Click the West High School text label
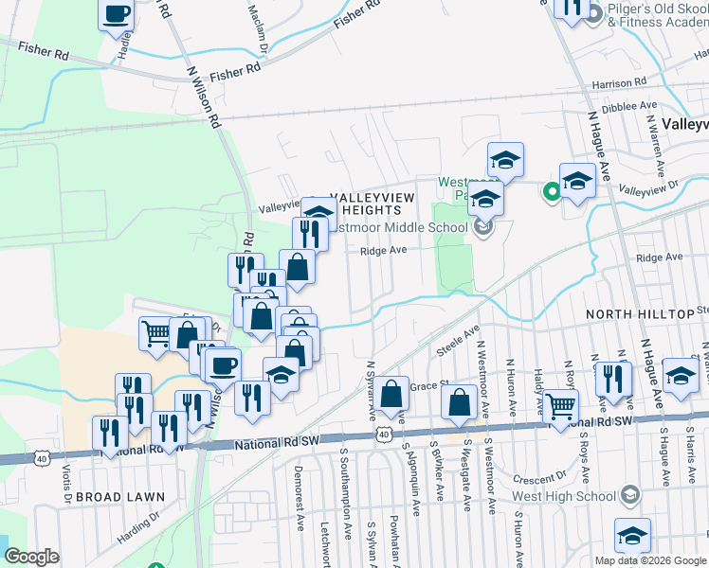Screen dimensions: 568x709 pos(563,495)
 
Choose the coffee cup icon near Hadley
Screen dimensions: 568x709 pos(117,15)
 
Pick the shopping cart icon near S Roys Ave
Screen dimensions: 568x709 pos(560,406)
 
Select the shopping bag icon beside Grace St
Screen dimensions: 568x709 pos(391,393)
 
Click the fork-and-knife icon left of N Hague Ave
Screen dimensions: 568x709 pos(613,378)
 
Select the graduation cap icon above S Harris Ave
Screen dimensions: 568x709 pos(681,375)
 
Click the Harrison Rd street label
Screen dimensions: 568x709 pos(618,84)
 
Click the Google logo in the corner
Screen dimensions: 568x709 pos(31,557)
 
